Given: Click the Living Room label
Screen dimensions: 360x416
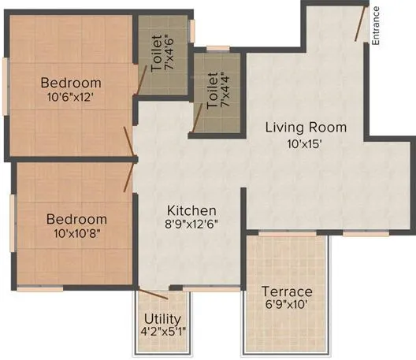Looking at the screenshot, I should coord(305,127).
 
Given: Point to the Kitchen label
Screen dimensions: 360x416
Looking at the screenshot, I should coord(191,210).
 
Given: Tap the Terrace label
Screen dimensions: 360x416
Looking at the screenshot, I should coord(287,291).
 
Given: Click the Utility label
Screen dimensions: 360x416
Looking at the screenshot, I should coord(163,319).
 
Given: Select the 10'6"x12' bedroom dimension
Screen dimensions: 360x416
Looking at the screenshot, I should coord(71,98).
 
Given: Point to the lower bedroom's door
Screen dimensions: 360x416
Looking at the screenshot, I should coord(131,176).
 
